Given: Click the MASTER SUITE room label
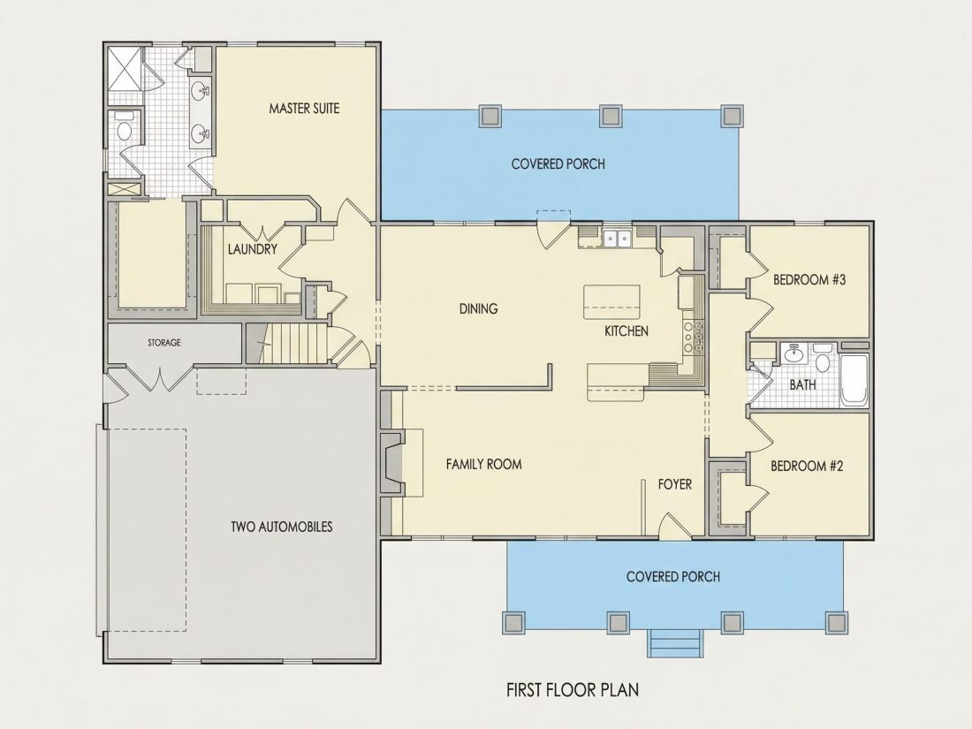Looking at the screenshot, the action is click(304, 109).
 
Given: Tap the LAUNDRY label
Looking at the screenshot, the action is click(252, 250).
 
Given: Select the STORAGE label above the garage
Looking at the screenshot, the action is click(164, 342).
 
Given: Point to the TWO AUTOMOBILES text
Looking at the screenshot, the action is click(281, 527).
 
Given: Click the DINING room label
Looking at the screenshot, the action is click(479, 308).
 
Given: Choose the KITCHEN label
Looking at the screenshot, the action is click(626, 331).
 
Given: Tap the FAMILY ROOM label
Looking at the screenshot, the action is click(483, 464).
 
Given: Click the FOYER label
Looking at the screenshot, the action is click(675, 484).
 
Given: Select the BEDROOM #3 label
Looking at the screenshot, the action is click(809, 279).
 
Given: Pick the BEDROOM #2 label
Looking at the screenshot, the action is click(807, 466).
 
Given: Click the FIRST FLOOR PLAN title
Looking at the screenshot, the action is click(573, 690).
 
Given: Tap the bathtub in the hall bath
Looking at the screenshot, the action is click(854, 380).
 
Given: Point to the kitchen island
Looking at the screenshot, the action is click(611, 302).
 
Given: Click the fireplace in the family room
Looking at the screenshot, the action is click(392, 463).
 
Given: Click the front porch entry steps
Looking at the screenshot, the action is click(675, 642).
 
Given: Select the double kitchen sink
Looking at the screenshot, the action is click(617, 238).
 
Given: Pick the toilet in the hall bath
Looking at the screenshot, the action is click(823, 358).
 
